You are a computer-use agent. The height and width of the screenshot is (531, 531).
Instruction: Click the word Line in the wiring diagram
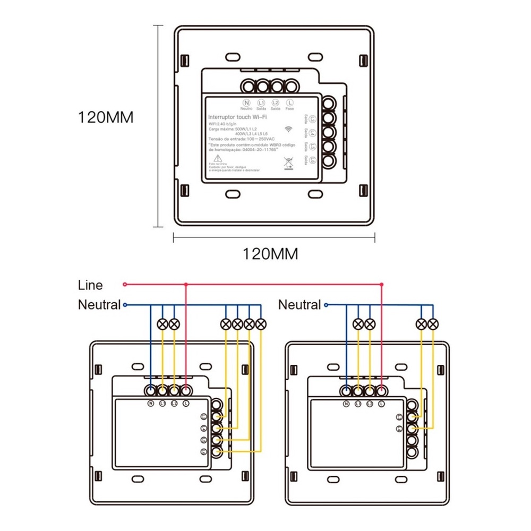[x=90, y=285]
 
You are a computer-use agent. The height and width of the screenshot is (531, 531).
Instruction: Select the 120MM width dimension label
[x=270, y=254]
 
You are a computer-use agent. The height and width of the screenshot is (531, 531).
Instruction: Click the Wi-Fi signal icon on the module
[x=289, y=129]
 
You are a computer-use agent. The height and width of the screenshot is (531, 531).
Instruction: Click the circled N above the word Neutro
[x=246, y=102]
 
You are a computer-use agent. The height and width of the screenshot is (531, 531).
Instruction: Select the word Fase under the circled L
[x=290, y=108]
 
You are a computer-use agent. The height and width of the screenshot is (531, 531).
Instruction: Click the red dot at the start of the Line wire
[x=125, y=285]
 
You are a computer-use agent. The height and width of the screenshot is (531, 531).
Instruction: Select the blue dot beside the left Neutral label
[x=125, y=305]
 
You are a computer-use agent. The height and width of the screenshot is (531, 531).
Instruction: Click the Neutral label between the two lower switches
[x=299, y=305]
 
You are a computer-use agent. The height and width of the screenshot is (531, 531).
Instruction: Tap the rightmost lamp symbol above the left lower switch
[x=261, y=323]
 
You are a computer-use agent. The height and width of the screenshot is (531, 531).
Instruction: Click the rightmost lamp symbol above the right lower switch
[x=433, y=323]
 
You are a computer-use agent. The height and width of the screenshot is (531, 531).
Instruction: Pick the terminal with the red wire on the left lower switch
[x=186, y=391]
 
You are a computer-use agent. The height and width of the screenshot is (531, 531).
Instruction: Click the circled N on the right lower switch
[x=347, y=404]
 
